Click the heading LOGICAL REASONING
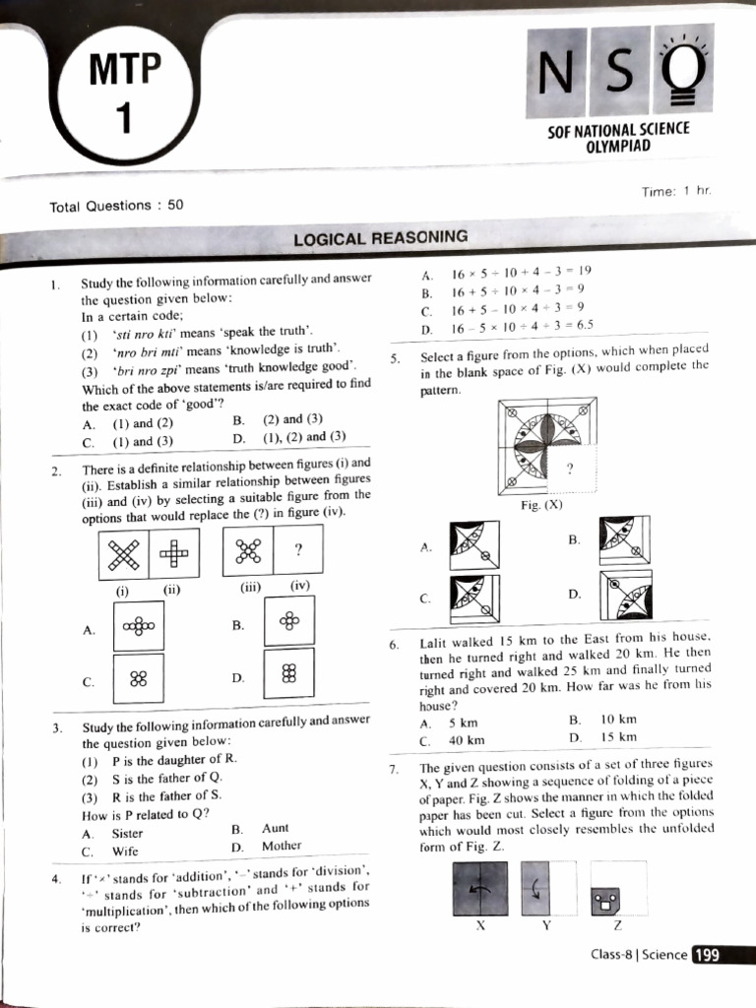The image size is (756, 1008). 380,237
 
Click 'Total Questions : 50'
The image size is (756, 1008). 116,206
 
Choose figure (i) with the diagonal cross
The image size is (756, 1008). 123,555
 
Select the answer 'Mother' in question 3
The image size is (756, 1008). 282,846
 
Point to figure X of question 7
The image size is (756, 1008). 480,888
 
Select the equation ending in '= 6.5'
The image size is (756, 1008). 522,326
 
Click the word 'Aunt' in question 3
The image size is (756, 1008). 276,829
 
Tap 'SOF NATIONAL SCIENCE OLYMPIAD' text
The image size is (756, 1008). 618,137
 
